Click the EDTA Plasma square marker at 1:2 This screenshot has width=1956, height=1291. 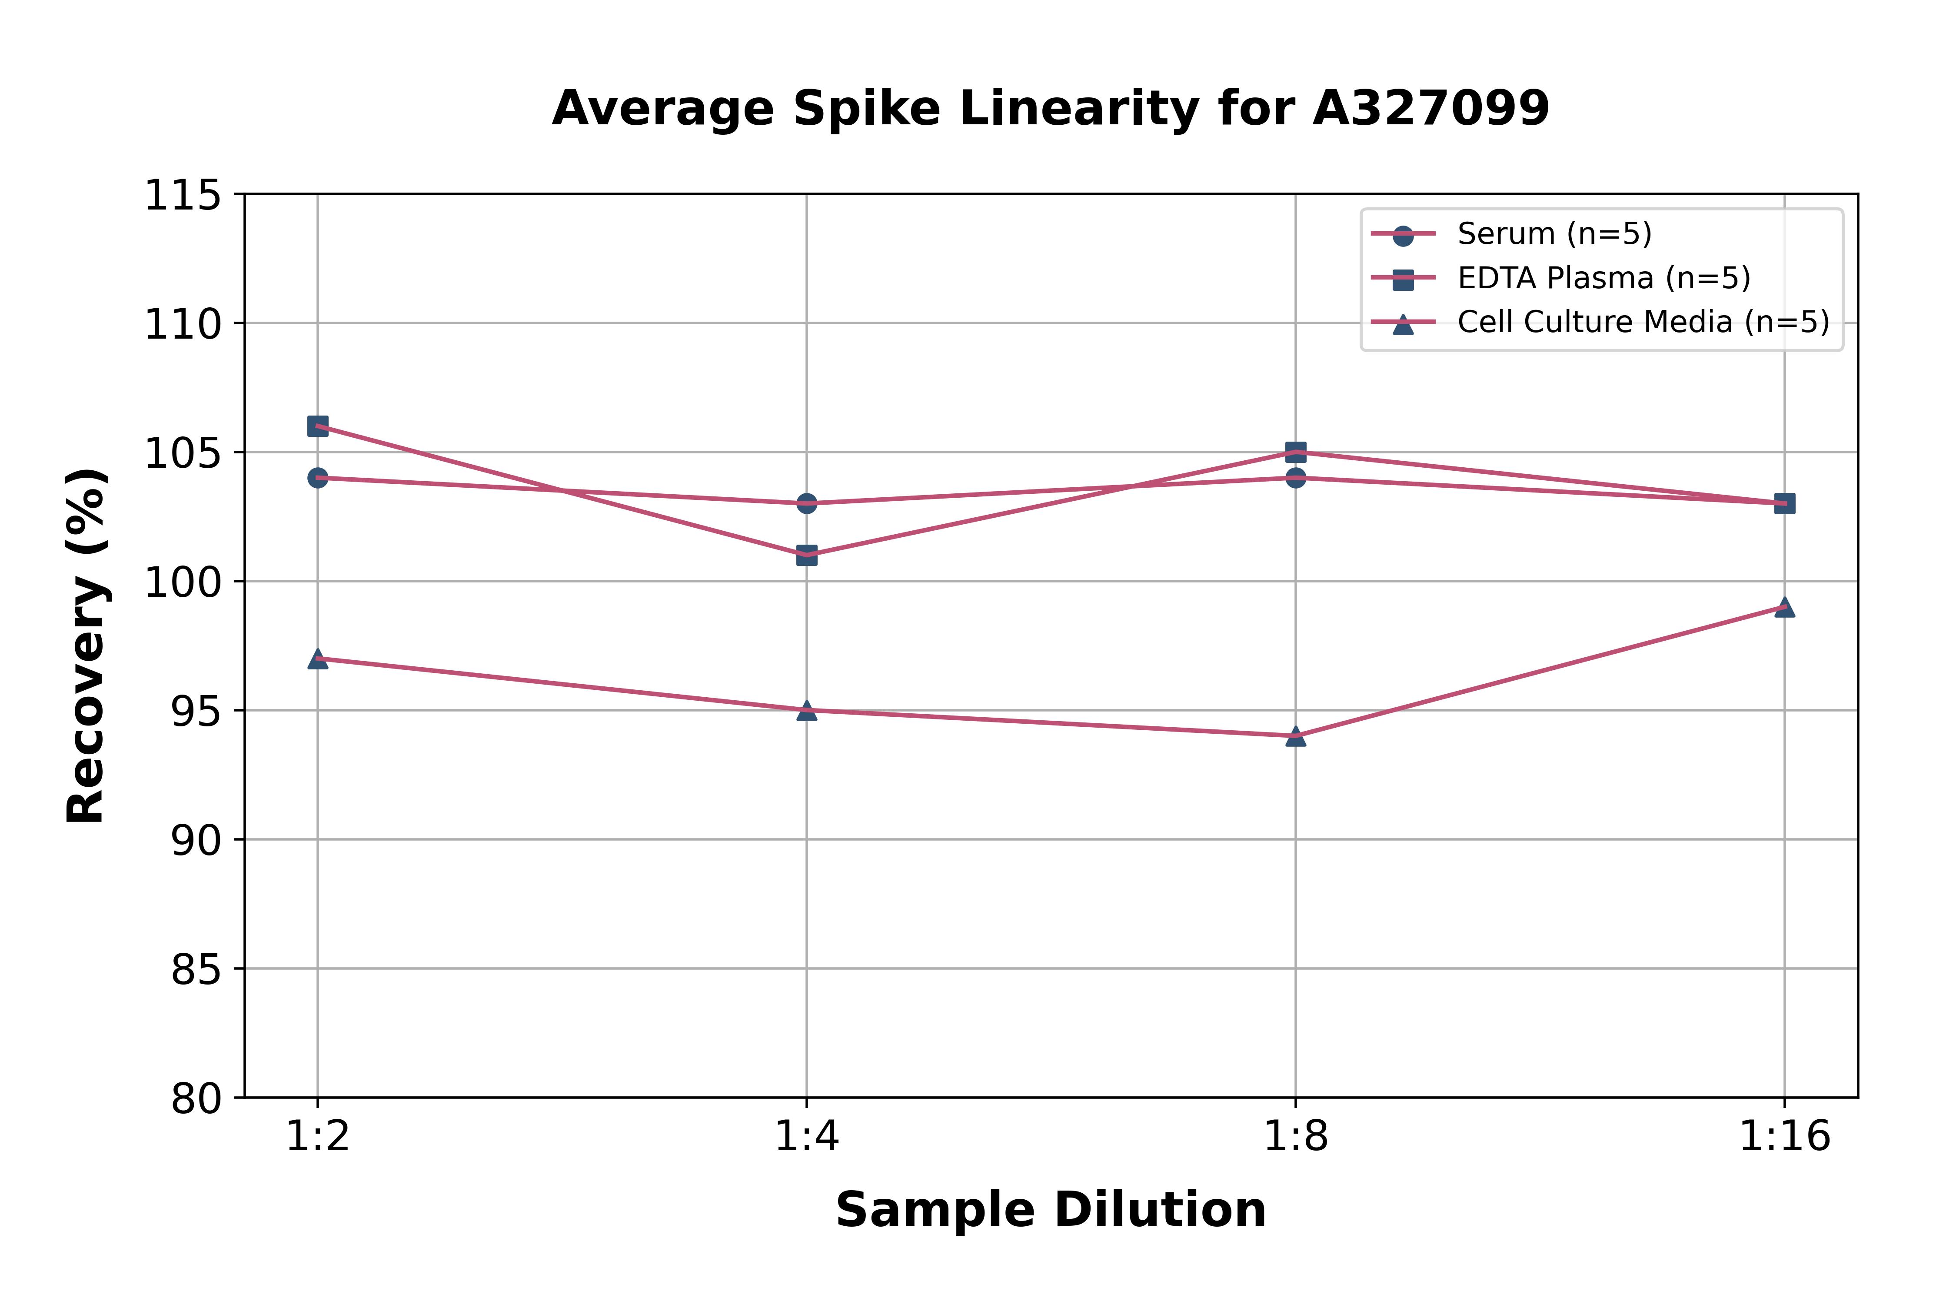click(x=318, y=426)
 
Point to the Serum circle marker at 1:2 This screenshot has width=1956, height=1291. click(x=318, y=478)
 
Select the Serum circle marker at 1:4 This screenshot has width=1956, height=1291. click(x=807, y=503)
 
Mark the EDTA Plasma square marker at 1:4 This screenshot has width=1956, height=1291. click(x=807, y=555)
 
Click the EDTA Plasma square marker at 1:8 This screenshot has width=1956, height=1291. click(x=1296, y=452)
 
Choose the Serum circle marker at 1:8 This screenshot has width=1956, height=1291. click(x=1296, y=478)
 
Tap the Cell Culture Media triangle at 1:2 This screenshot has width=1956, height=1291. click(x=318, y=659)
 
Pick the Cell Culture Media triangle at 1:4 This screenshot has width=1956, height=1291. click(x=807, y=711)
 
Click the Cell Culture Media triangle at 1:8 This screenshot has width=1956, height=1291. click(x=1296, y=736)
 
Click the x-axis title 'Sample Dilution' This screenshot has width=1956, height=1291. click(x=1051, y=1210)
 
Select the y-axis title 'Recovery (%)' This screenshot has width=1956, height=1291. click(x=86, y=646)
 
